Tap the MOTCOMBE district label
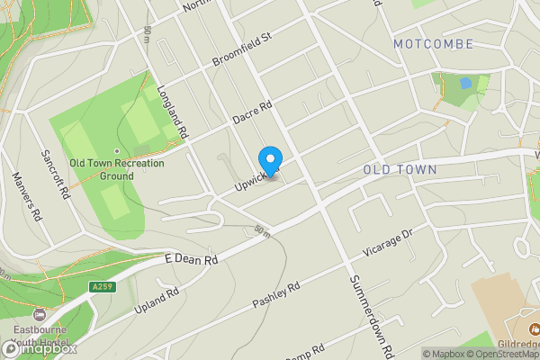coord(426,43)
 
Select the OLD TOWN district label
coord(400,169)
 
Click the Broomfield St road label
coord(241,50)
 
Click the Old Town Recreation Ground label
coord(116,169)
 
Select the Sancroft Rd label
coord(56,174)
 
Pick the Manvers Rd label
coord(26,198)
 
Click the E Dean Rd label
coord(193,259)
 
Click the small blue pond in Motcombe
coord(464,83)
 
